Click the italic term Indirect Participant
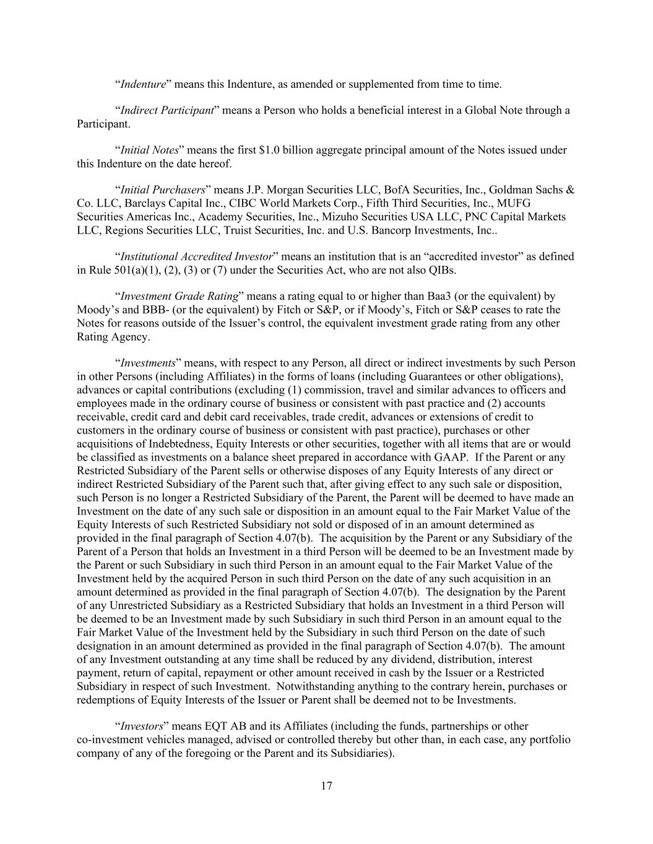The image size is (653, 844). tap(166, 111)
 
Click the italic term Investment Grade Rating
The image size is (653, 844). tap(179, 296)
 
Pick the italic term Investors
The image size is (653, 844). tap(141, 727)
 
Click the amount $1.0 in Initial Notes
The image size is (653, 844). tap(269, 150)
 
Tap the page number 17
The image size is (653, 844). tap(327, 786)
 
